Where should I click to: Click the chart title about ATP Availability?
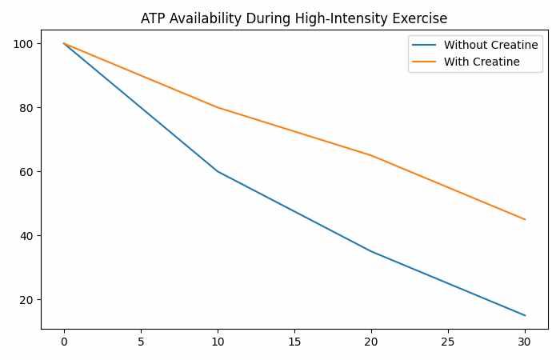point(294,18)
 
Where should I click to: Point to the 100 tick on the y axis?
point(26,43)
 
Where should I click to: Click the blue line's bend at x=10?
point(218,171)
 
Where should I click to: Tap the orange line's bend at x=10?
point(218,107)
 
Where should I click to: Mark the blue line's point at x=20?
point(371,251)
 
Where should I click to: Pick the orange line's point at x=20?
point(371,155)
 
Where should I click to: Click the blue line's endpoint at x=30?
point(525,315)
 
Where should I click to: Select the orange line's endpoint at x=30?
point(525,219)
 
